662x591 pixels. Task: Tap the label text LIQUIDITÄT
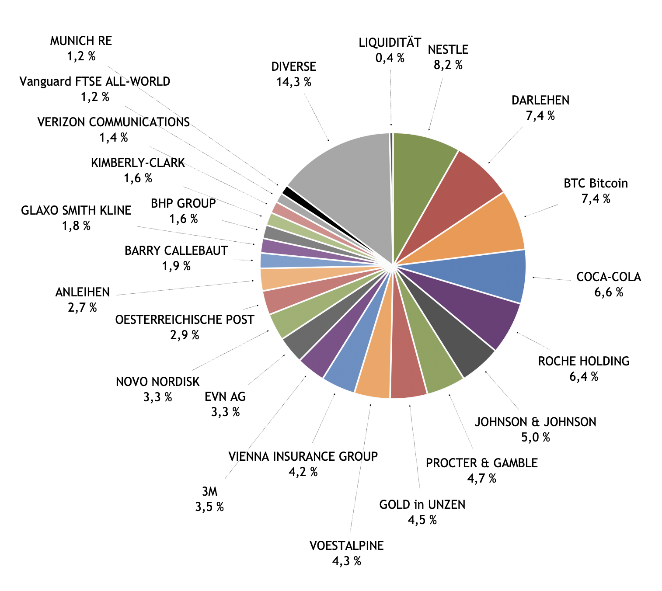point(390,42)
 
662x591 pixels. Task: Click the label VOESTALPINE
point(346,546)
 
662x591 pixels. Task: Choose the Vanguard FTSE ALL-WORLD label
point(95,82)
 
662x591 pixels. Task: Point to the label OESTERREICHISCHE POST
point(185,320)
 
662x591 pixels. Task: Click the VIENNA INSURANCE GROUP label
point(303,456)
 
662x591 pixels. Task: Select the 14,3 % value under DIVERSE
point(294,82)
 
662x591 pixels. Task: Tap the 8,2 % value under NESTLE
point(448,65)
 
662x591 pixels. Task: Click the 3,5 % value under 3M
point(209,507)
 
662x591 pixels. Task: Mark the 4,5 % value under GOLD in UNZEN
point(422,520)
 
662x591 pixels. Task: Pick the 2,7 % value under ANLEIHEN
point(82,308)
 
